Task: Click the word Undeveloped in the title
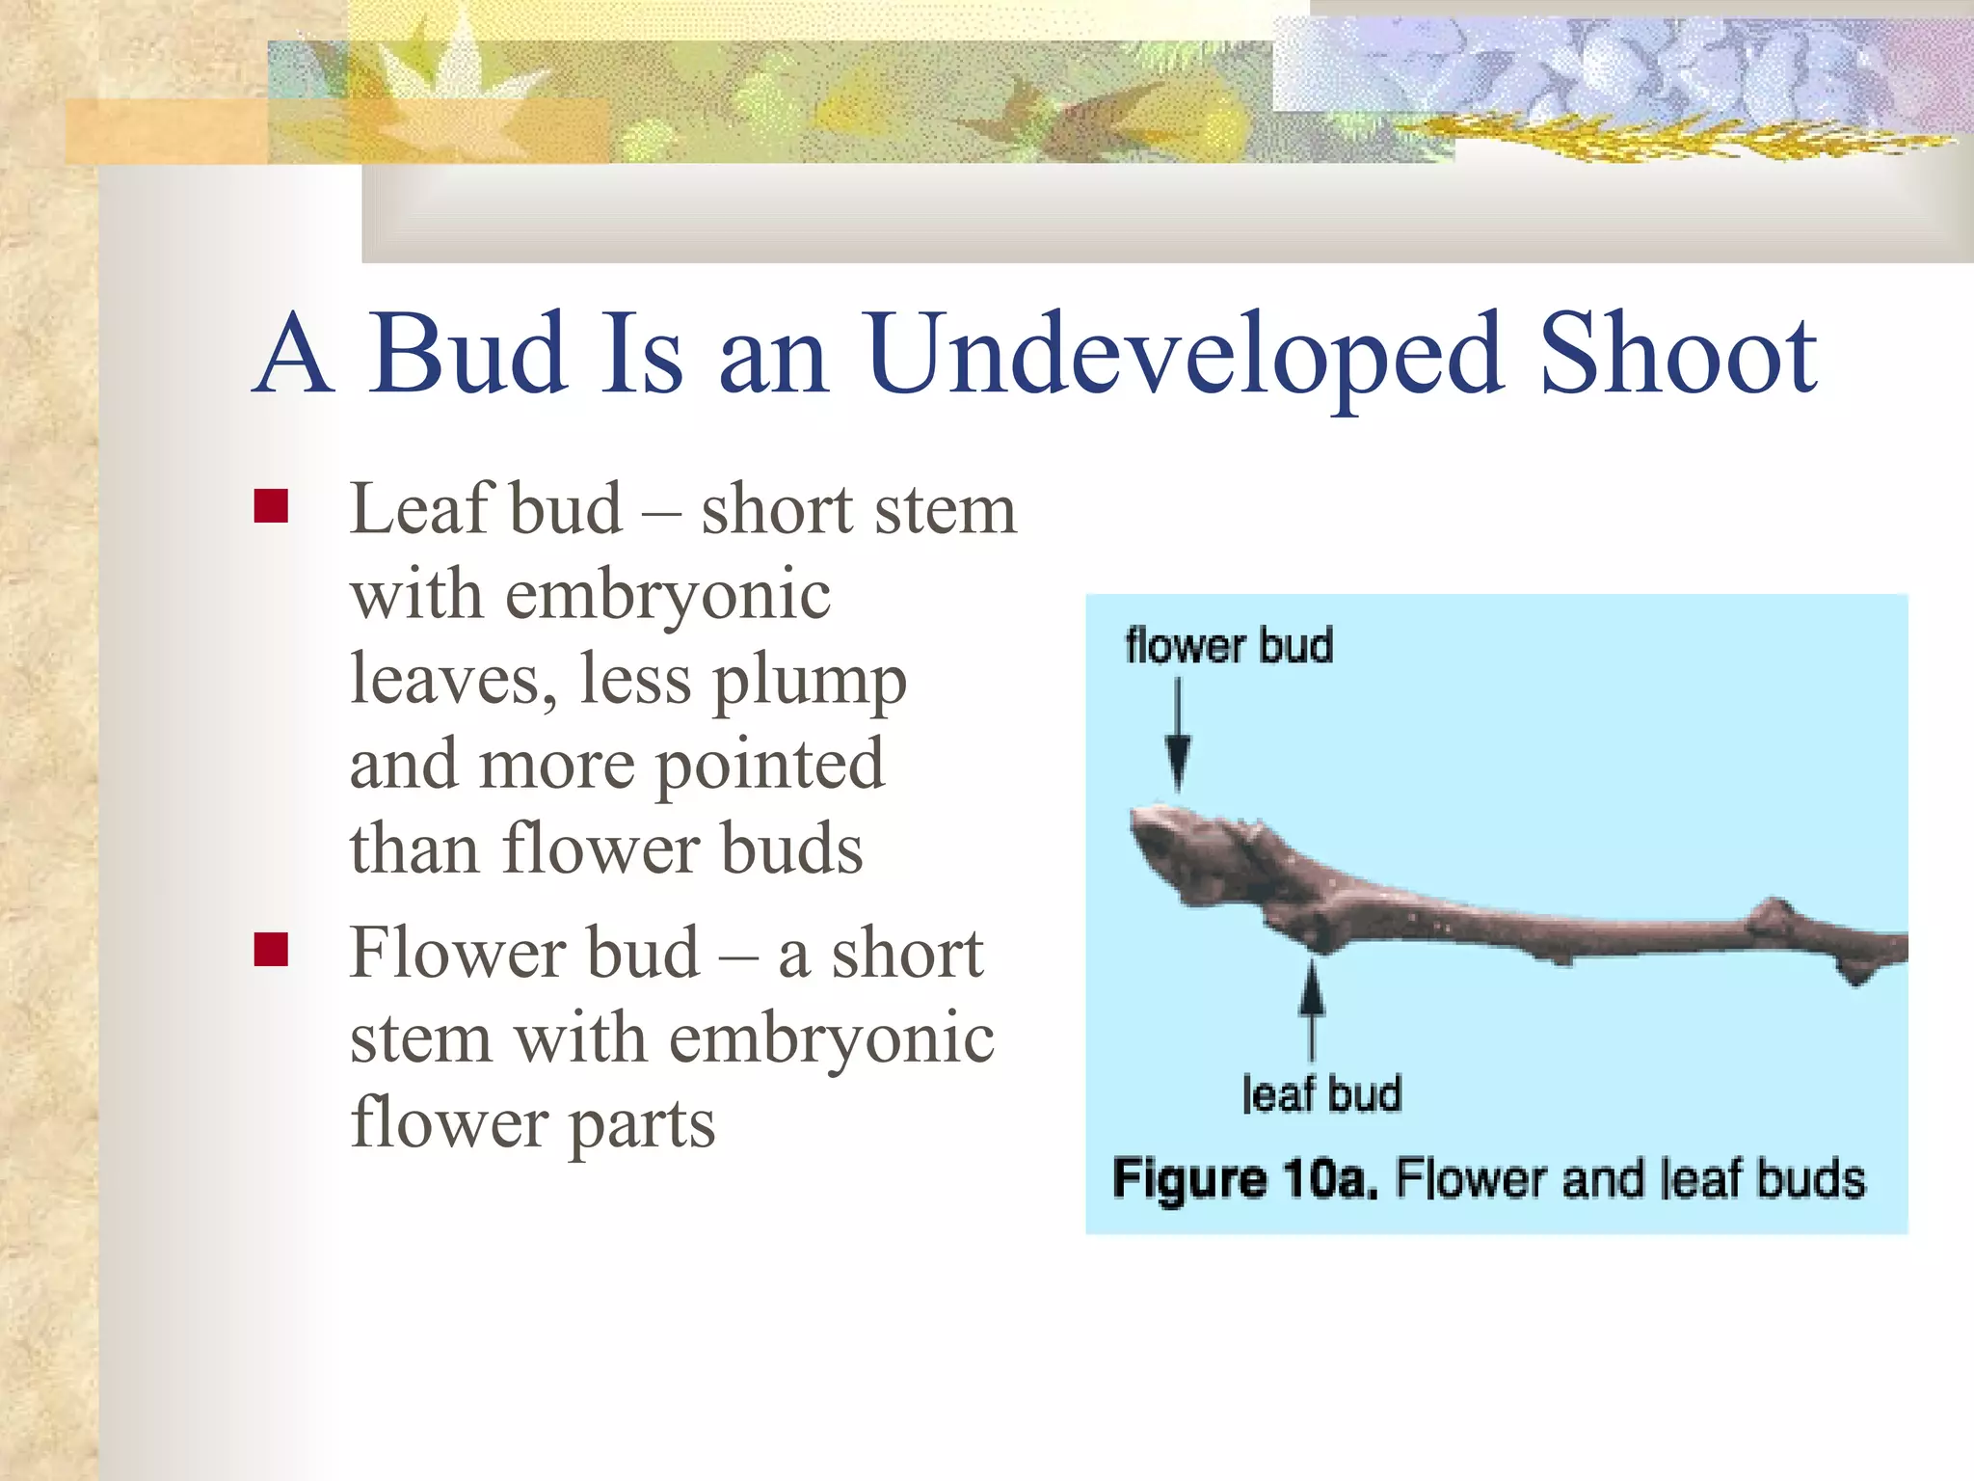1184,355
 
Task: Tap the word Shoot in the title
1677,355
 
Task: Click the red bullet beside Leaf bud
271,505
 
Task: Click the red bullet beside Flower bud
271,949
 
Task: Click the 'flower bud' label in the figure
1229,645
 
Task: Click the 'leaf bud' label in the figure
1320,1094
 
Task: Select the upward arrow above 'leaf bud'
1311,1008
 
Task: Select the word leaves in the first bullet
453,679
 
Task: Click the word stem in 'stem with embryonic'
420,1039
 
